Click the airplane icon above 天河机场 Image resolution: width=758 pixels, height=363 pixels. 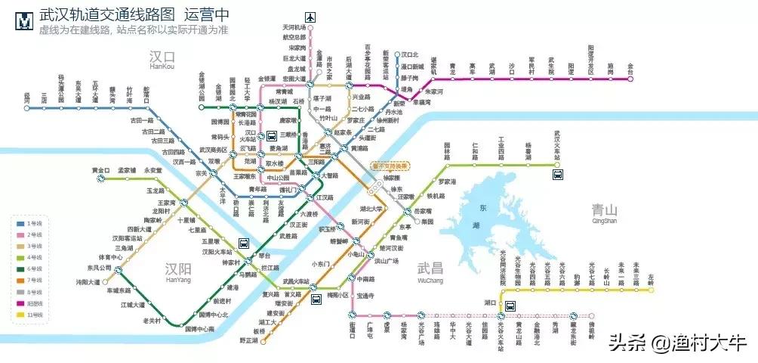click(310, 17)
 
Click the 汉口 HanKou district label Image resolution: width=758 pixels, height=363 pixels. click(162, 60)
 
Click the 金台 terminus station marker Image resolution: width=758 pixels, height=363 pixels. click(631, 79)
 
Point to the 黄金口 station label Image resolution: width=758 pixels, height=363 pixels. click(100, 170)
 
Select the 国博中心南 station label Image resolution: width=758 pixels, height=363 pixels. click(200, 329)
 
